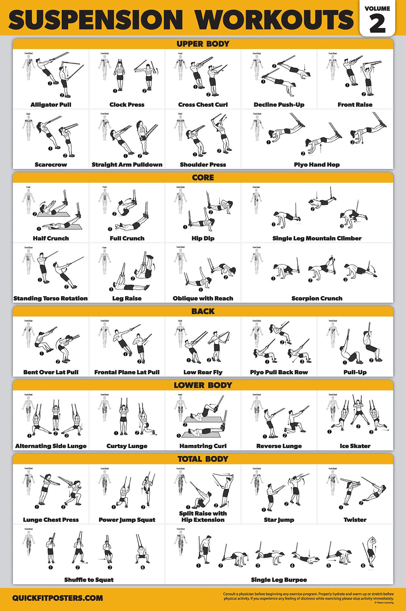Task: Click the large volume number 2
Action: (x=377, y=24)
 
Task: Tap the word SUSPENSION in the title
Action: (x=95, y=20)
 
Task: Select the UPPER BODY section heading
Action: (x=203, y=44)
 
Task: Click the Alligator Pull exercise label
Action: (x=51, y=105)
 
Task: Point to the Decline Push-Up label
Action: (x=279, y=105)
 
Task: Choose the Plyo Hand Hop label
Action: (x=317, y=165)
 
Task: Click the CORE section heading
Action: (x=203, y=178)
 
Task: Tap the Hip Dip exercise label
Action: (x=203, y=238)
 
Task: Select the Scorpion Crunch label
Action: (x=317, y=298)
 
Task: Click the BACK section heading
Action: (x=203, y=312)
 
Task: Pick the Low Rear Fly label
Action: (x=203, y=372)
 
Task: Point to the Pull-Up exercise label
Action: (x=355, y=372)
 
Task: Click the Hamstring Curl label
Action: (x=203, y=446)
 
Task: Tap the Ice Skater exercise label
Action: (x=355, y=446)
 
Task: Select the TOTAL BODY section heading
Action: (x=203, y=459)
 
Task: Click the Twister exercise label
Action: (x=355, y=520)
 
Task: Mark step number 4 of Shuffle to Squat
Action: (x=143, y=568)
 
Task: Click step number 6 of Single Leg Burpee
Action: (x=363, y=565)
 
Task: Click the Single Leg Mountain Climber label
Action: (x=317, y=238)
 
